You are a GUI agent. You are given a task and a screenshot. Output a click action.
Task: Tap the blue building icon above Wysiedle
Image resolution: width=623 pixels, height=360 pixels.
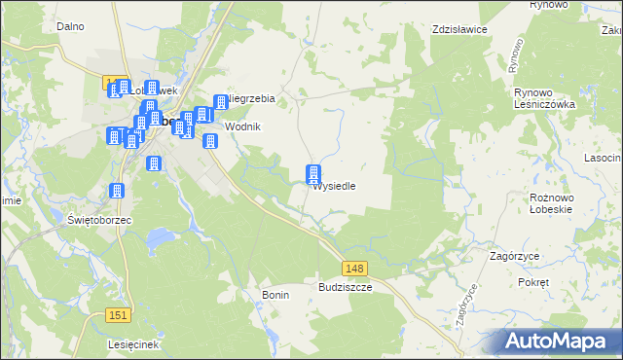[x=313, y=175]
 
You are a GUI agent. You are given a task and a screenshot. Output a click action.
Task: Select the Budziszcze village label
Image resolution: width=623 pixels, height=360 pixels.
[x=346, y=288]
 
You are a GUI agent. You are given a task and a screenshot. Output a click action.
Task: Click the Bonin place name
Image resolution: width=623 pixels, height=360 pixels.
[x=275, y=294]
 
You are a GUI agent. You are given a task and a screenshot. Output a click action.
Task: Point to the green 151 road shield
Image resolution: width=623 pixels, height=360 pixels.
[x=118, y=313]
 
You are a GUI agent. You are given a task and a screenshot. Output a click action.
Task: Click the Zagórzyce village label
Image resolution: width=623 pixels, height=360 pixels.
[x=515, y=256]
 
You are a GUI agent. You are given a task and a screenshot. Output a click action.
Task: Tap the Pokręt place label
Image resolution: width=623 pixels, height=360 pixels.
[x=534, y=281]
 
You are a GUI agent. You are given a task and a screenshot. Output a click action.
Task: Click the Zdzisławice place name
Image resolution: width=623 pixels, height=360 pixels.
[x=459, y=29]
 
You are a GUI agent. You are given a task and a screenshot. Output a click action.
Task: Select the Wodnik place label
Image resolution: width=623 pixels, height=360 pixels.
[x=243, y=126]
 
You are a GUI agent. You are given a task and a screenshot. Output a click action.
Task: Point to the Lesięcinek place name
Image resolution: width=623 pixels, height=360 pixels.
[x=134, y=345]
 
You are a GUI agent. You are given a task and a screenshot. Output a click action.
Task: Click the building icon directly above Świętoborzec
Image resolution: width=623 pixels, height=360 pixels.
[x=118, y=193]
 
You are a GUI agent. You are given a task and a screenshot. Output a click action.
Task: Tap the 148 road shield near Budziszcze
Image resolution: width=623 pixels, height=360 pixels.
[x=354, y=268]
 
